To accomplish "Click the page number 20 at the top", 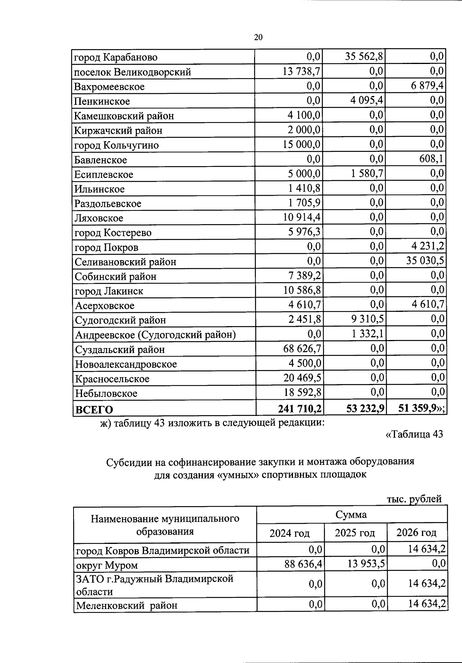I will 258,37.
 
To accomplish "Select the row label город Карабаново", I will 116,57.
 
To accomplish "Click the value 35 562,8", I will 364,57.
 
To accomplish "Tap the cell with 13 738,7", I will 302,71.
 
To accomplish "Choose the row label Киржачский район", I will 119,131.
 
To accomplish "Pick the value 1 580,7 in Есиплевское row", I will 367,173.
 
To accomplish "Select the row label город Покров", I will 107,247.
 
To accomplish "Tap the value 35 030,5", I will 425,261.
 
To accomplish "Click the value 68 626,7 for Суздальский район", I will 303,349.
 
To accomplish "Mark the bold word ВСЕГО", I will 94,409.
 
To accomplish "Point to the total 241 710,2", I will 300,408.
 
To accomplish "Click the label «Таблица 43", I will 414,434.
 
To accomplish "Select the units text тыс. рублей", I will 414,499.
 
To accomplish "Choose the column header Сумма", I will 351,515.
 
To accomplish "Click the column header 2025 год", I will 355,533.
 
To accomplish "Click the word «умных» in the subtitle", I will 238,475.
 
